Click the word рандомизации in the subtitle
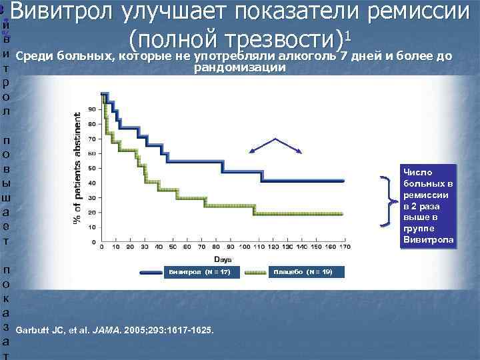pyautogui.click(x=240, y=68)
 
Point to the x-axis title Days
pyautogui.click(x=223, y=258)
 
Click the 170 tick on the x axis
pyautogui.click(x=344, y=247)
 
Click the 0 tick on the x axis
pyautogui.click(x=101, y=247)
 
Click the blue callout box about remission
pyautogui.click(x=426, y=206)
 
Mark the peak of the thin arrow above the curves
pyautogui.click(x=275, y=139)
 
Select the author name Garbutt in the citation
pyautogui.click(x=31, y=329)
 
